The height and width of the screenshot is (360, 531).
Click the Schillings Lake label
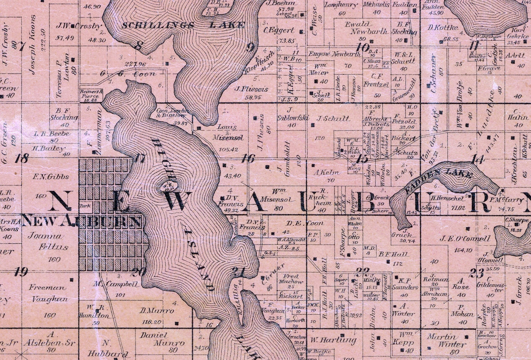click(x=183, y=25)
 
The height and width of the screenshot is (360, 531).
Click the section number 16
click(x=248, y=158)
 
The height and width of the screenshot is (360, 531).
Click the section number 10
click(x=363, y=47)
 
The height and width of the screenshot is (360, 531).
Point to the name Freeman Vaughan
click(x=49, y=293)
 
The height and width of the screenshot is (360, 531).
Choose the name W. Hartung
click(x=331, y=340)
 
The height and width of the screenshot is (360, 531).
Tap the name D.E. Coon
click(x=305, y=223)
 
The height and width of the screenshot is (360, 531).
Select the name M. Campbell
click(x=115, y=284)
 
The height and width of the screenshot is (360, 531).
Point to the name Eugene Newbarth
click(x=335, y=54)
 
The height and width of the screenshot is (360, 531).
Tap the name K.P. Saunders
click(x=405, y=283)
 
